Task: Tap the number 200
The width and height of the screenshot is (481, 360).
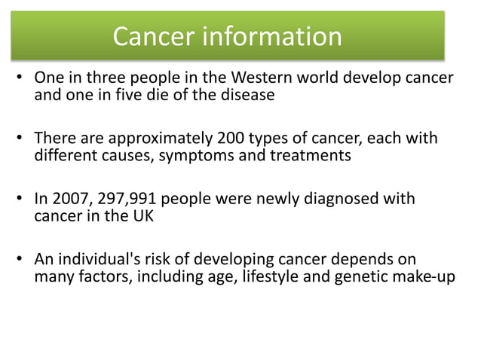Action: (x=236, y=139)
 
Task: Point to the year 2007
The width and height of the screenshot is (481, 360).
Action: (x=68, y=200)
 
